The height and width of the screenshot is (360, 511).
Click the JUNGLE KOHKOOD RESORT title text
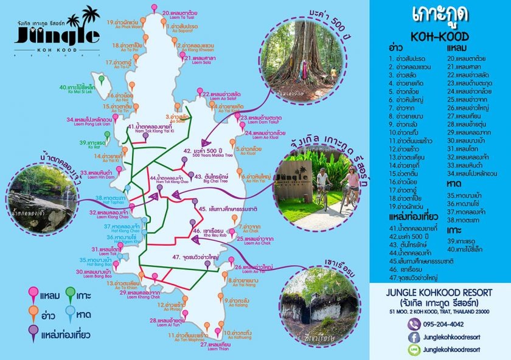coord(439,291)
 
